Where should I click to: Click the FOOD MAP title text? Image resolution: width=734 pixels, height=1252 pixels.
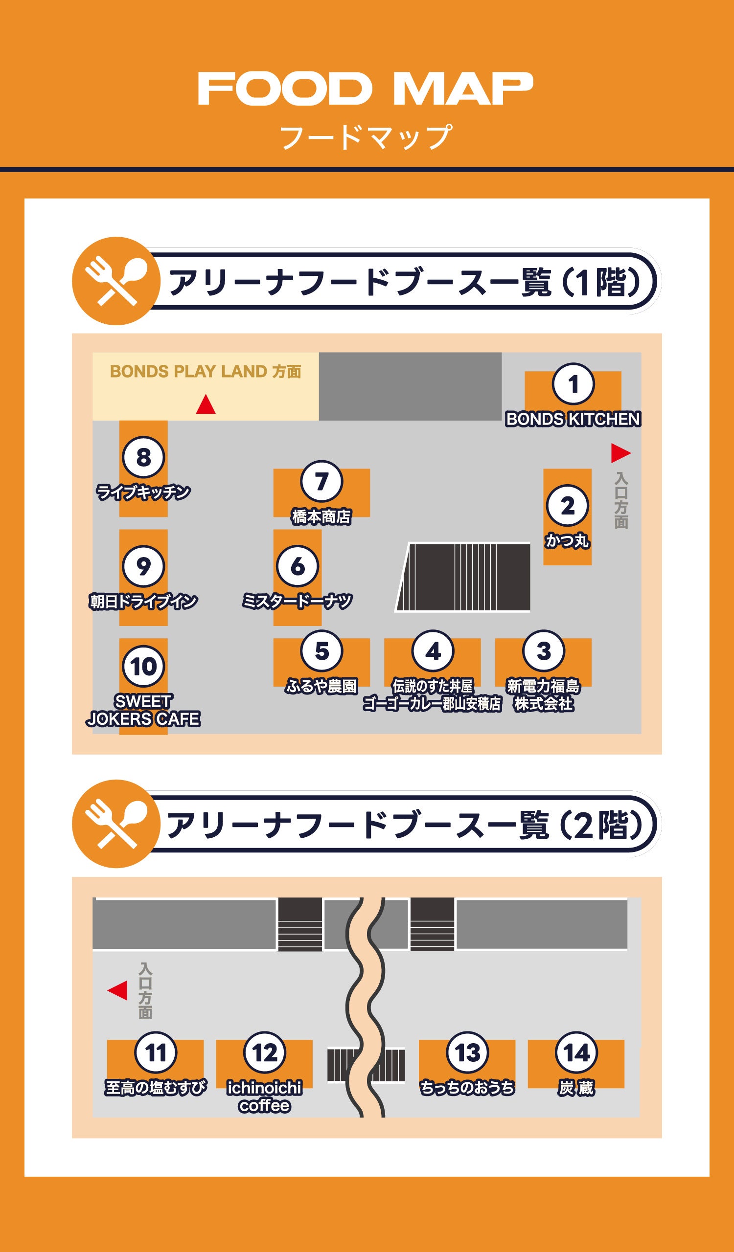point(366,89)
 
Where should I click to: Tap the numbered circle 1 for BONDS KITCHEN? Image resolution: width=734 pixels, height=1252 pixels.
point(573,383)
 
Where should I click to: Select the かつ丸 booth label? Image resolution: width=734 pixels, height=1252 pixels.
point(568,540)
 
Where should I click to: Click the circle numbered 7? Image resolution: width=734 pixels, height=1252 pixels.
point(321,481)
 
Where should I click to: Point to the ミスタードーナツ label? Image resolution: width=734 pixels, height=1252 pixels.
point(297,601)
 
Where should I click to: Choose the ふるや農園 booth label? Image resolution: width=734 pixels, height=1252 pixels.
point(321,686)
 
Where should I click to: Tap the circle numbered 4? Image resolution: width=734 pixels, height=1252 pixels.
point(433,651)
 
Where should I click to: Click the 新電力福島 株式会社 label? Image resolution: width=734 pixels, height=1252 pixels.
point(544,695)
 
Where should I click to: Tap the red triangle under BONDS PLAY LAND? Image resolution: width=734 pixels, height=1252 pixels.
point(206,405)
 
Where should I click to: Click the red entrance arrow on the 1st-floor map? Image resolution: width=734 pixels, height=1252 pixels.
point(620,452)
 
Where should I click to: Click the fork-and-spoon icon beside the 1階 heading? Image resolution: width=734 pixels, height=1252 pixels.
point(116,281)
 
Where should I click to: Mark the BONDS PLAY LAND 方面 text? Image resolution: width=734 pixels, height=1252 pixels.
point(205,372)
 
